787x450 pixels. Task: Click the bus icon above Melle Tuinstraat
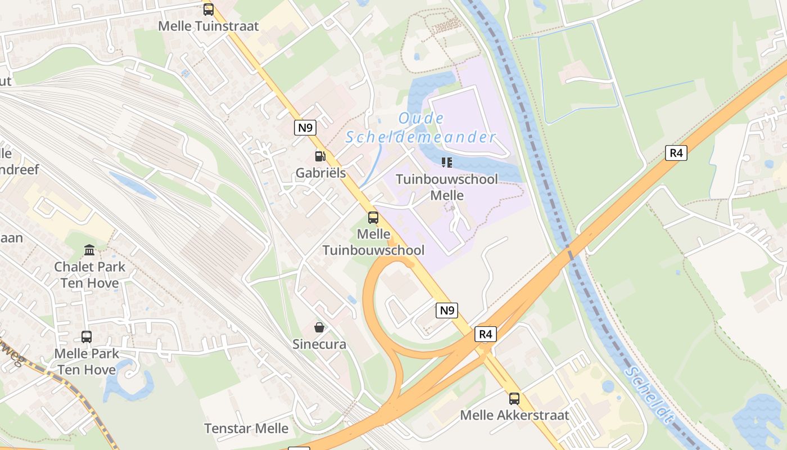click(209, 10)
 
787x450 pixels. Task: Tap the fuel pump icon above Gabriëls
click(320, 156)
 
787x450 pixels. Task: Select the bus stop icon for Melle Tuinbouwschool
click(373, 218)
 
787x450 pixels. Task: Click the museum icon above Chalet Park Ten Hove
click(89, 250)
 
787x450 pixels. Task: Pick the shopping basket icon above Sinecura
click(319, 327)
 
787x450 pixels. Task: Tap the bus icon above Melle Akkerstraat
click(514, 399)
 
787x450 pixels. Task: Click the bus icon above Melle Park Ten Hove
click(87, 337)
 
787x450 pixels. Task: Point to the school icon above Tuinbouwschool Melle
click(447, 163)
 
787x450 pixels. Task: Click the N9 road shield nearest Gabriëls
click(305, 128)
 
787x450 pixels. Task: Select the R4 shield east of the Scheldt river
click(676, 153)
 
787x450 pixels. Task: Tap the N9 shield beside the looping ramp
click(447, 310)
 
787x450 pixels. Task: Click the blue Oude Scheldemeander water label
click(421, 128)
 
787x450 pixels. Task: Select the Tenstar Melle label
click(246, 429)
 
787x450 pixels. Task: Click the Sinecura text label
click(319, 344)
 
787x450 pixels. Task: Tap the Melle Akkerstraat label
click(514, 416)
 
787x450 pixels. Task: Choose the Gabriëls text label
click(320, 173)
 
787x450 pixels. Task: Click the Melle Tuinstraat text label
click(209, 26)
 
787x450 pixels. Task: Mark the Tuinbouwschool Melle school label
click(447, 187)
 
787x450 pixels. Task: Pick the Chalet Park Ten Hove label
click(90, 274)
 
